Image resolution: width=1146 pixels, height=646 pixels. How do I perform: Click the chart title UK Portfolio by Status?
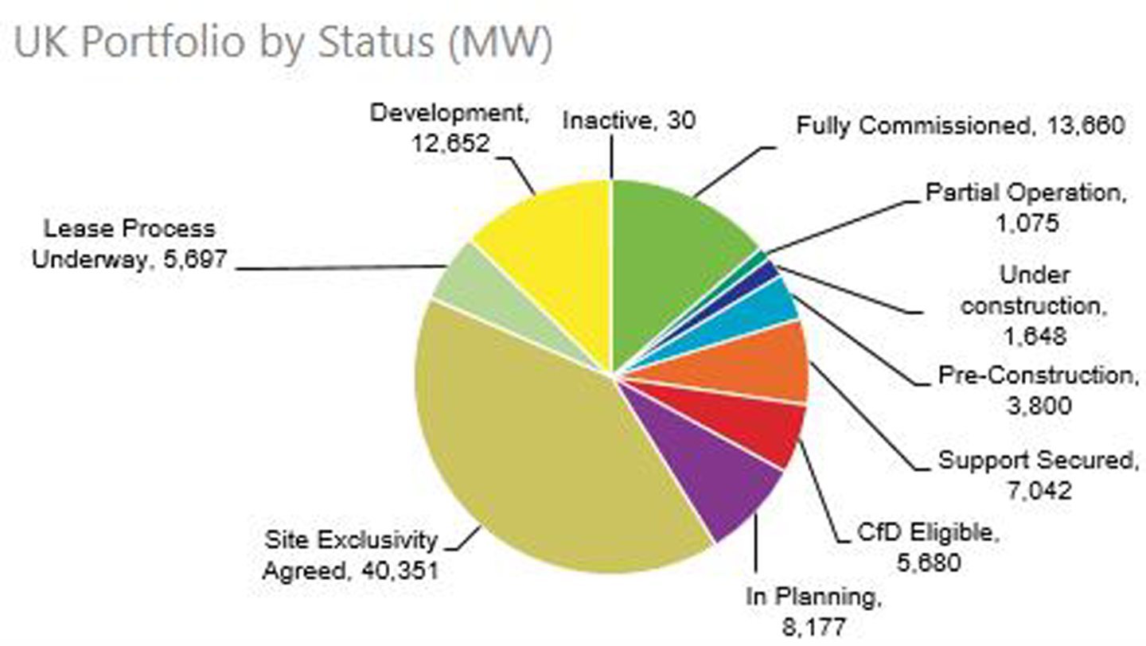[283, 43]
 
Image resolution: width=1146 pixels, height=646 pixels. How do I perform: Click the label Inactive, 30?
[629, 120]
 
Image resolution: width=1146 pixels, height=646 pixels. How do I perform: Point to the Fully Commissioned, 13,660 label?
[961, 125]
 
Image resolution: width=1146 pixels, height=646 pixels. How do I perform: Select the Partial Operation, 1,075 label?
[1027, 207]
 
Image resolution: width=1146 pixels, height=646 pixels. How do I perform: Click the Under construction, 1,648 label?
[1035, 305]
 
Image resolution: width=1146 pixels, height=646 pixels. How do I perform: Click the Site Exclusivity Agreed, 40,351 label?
[351, 555]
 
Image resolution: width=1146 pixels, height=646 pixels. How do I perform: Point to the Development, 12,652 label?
[450, 127]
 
